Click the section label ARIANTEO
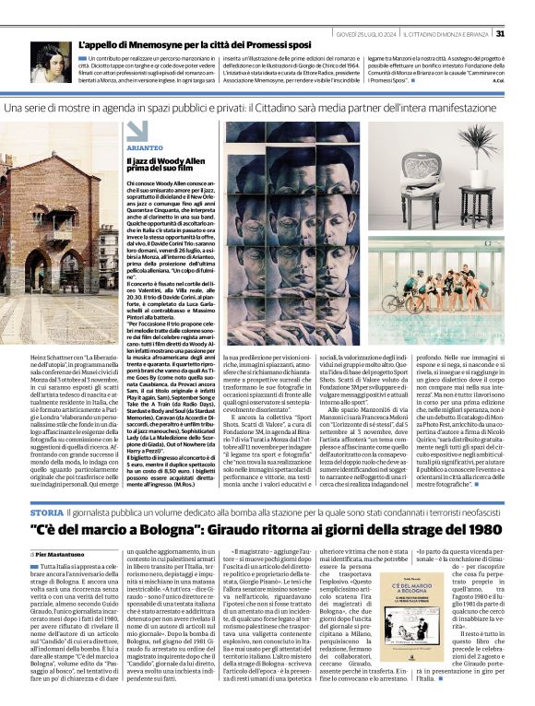pos(148,147)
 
